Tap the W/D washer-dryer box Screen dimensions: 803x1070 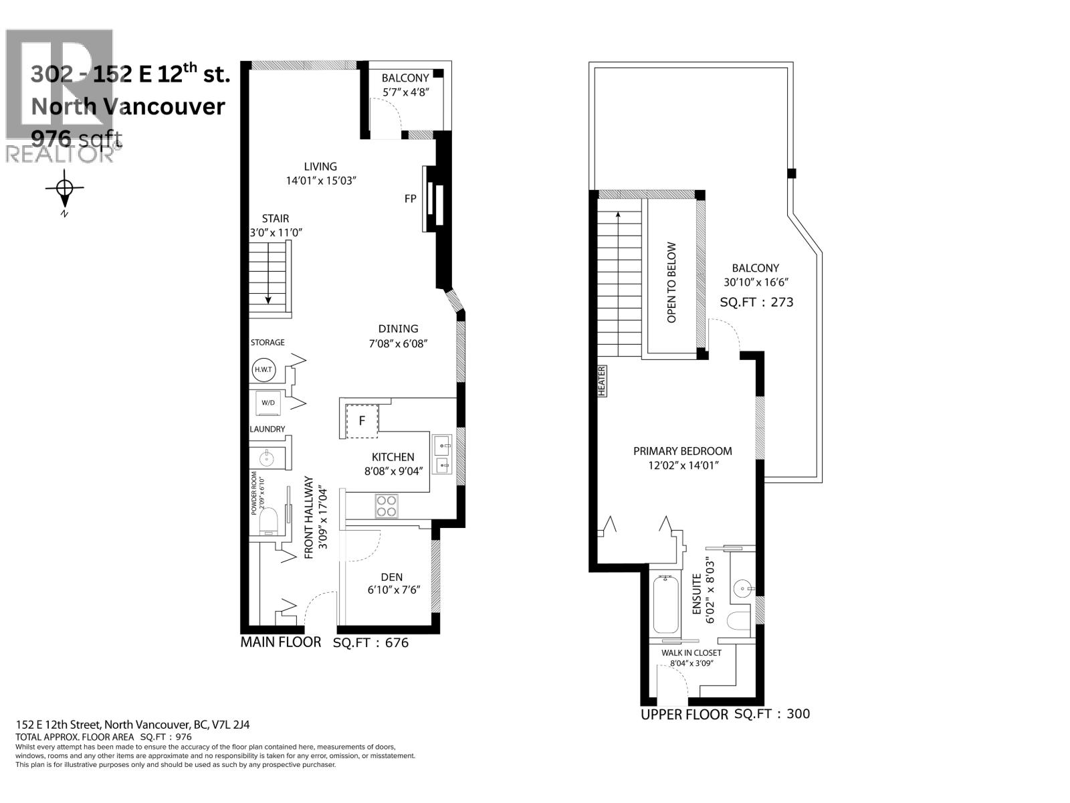(268, 403)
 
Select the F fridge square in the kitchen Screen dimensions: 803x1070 (362, 421)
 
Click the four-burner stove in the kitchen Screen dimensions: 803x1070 (386, 506)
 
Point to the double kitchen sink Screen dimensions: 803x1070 (442, 454)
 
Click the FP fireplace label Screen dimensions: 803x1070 (410, 199)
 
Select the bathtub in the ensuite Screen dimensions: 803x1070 (665, 604)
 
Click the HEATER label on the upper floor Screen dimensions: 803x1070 (602, 381)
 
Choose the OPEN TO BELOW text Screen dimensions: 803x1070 (671, 282)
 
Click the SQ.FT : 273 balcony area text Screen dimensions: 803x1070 (756, 302)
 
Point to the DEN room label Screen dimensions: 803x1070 (392, 577)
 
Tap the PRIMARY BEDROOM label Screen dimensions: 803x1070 (682, 451)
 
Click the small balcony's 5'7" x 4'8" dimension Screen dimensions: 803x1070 (405, 92)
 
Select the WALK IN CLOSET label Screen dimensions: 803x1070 (691, 652)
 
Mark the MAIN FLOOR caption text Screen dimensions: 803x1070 (281, 642)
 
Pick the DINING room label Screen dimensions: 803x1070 (398, 329)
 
